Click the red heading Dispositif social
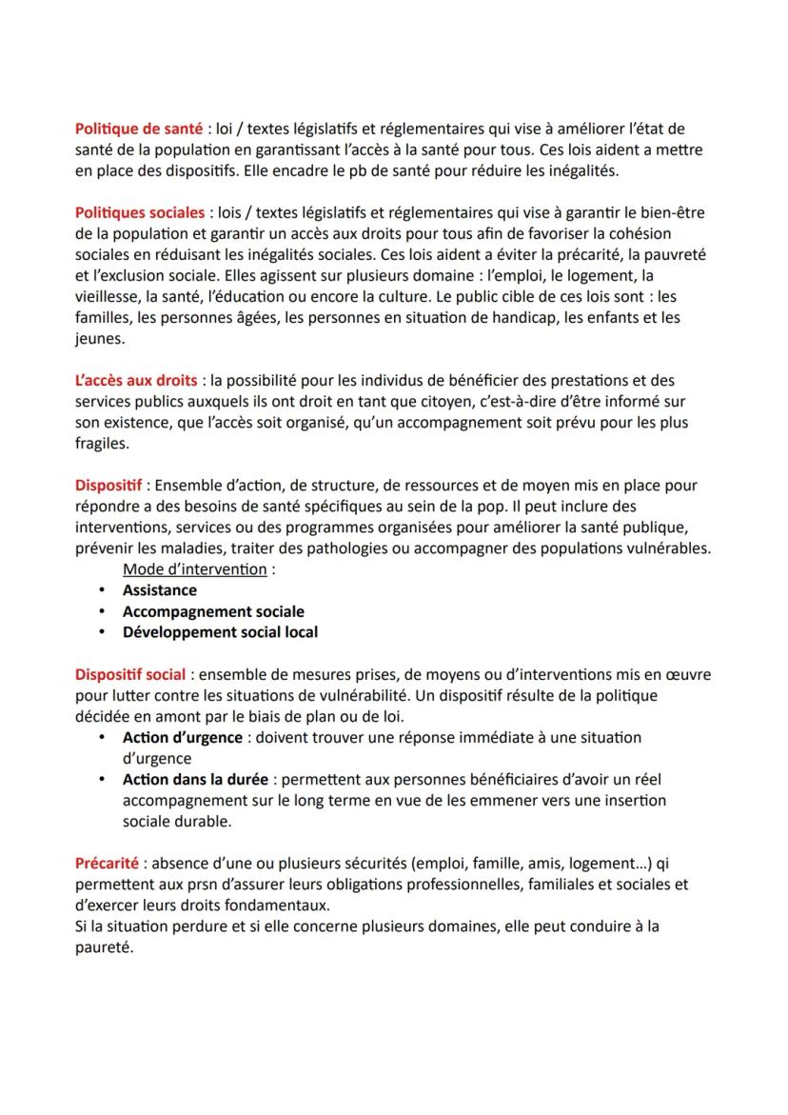click(130, 674)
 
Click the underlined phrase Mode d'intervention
click(194, 569)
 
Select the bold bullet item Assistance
click(159, 590)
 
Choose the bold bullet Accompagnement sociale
click(213, 611)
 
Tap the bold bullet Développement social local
click(220, 632)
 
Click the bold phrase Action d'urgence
click(180, 737)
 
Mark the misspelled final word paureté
click(104, 946)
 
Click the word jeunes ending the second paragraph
click(98, 338)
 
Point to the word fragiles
click(101, 443)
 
